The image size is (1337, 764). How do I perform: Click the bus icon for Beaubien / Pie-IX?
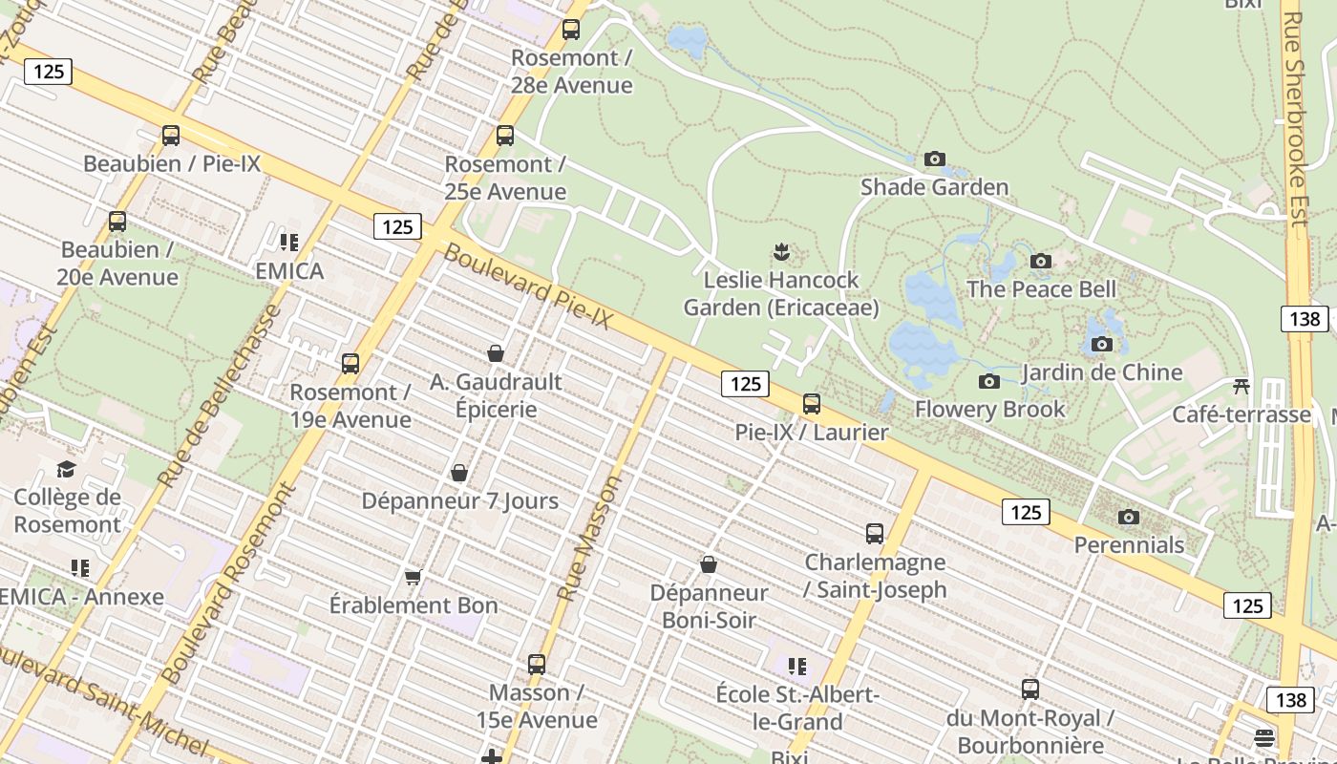point(171,136)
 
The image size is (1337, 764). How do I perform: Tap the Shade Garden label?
point(934,186)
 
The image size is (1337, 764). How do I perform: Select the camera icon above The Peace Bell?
point(1041,261)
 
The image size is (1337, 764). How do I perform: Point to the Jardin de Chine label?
point(1101,371)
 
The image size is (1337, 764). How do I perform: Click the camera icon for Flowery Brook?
point(989,382)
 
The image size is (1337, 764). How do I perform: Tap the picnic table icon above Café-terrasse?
point(1241,386)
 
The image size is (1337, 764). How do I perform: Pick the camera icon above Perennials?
point(1129,518)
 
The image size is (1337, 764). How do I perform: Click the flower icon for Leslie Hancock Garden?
point(781,252)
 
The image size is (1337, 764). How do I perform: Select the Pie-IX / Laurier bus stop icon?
point(812,404)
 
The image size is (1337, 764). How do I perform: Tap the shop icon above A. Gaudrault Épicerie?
point(496,354)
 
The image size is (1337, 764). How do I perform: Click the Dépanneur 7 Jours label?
point(459,500)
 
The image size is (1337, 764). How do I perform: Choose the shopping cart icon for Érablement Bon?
point(414,577)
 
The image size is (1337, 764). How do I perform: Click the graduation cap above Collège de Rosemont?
point(66,469)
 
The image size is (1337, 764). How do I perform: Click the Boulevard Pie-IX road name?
point(527,286)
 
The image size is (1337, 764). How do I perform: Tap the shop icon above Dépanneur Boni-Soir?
point(709,564)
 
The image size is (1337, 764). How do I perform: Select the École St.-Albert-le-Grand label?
point(797,708)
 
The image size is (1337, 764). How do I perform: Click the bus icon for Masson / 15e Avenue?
point(537,664)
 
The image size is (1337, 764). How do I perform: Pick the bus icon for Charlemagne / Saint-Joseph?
point(875,534)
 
